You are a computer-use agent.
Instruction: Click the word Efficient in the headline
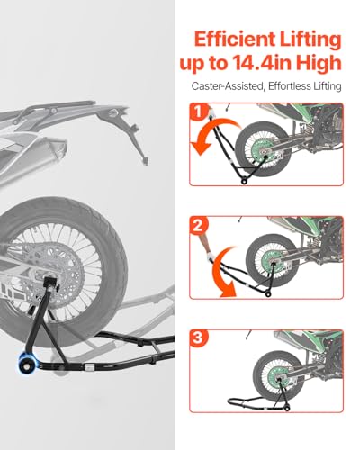pos(235,39)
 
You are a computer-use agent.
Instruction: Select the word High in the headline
pos(319,64)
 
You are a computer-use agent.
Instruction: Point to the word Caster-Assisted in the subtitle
pos(227,86)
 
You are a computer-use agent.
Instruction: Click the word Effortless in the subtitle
pos(290,86)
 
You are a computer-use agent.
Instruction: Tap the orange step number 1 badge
pos(198,112)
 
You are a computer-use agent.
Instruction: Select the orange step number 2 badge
pos(198,226)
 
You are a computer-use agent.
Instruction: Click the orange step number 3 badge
pos(198,338)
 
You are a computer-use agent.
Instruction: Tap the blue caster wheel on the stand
pos(28,359)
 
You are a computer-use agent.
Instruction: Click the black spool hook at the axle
pos(50,283)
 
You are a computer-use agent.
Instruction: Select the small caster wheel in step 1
pos(245,181)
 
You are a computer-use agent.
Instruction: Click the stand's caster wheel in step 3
pos(287,408)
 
